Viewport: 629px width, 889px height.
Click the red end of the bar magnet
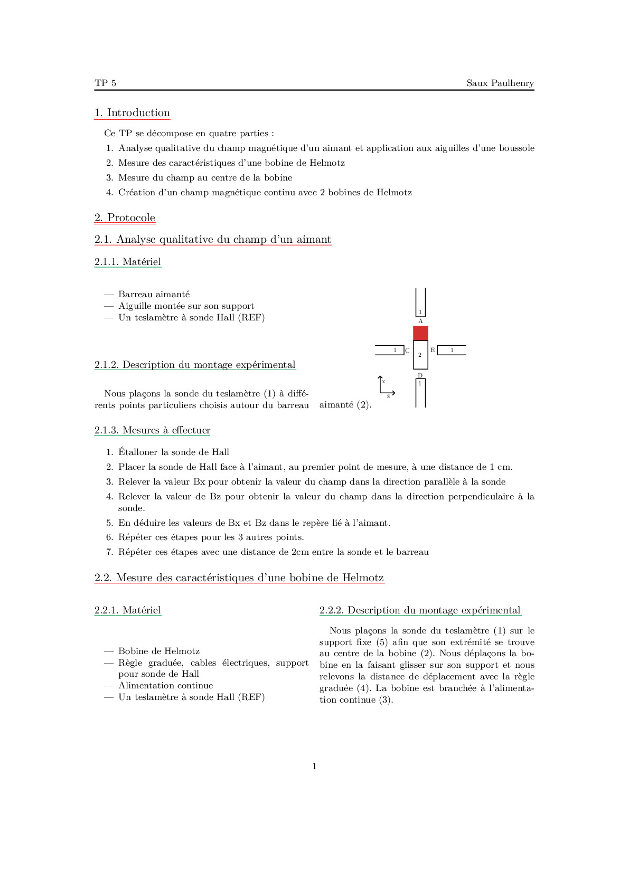click(x=420, y=333)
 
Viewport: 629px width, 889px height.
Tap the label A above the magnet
click(x=420, y=321)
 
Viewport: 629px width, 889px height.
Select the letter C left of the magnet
click(x=407, y=351)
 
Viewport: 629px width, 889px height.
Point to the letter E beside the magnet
click(x=433, y=350)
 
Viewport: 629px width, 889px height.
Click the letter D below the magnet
click(x=420, y=375)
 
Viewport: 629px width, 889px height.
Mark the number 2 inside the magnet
click(x=420, y=355)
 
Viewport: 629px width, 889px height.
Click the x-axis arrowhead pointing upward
click(x=380, y=377)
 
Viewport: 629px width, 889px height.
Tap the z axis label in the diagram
click(x=388, y=396)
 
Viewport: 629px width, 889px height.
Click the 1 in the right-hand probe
click(x=452, y=350)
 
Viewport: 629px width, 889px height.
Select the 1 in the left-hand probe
click(x=395, y=350)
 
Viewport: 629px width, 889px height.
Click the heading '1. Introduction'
click(x=132, y=112)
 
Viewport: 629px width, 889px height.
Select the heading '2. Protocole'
click(x=125, y=217)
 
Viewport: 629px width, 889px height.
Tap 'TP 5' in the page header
click(x=106, y=83)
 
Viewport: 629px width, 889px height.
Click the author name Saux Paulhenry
click(x=500, y=83)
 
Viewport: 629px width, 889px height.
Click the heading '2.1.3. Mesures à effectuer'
click(x=152, y=430)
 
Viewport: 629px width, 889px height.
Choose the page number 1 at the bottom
click(x=315, y=766)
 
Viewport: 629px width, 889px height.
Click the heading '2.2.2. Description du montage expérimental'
click(x=420, y=610)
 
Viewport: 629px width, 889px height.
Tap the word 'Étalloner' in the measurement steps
click(x=138, y=452)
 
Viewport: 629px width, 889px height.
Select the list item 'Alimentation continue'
click(x=166, y=685)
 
